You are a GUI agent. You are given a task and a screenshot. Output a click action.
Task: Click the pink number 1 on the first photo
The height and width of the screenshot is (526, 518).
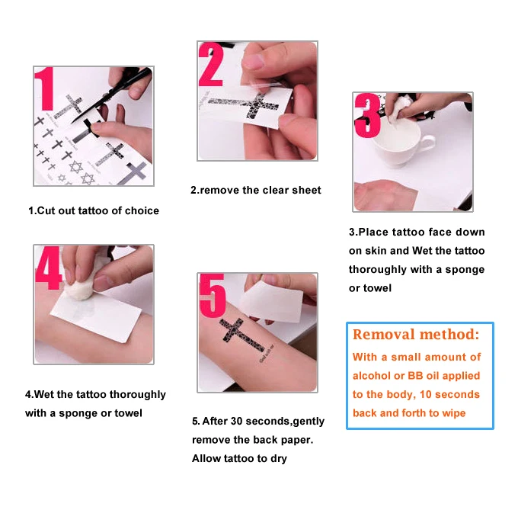pyautogui.click(x=45, y=89)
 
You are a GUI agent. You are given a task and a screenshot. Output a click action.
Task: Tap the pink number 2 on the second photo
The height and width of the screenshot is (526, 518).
pyautogui.click(x=211, y=64)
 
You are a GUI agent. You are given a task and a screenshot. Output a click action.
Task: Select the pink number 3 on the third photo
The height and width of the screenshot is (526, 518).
pyautogui.click(x=368, y=116)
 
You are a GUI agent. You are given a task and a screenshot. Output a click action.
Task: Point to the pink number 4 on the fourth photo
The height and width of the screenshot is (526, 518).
pyautogui.click(x=49, y=268)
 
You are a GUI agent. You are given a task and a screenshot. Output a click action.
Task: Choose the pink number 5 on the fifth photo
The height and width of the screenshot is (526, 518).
pyautogui.click(x=213, y=296)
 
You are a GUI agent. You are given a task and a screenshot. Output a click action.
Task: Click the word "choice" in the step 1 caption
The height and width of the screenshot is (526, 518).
pyautogui.click(x=142, y=210)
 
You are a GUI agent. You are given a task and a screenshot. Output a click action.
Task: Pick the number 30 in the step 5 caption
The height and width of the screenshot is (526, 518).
pyautogui.click(x=236, y=422)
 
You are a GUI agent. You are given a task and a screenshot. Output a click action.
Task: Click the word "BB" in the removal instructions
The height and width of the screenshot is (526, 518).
pyautogui.click(x=415, y=376)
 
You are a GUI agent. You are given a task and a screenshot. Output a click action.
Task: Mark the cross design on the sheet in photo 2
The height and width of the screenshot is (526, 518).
pyautogui.click(x=248, y=104)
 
